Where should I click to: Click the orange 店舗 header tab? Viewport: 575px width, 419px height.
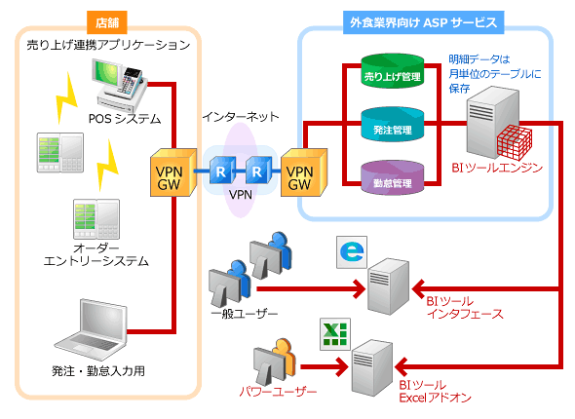pos(107,22)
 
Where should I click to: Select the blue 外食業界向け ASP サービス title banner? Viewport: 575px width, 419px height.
pos(423,22)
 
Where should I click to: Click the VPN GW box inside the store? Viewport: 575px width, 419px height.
pos(173,171)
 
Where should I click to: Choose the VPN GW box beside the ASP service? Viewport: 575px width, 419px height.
pos(304,171)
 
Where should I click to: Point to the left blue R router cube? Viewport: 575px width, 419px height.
pos(222,170)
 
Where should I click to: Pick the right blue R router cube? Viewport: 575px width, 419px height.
pos(258,170)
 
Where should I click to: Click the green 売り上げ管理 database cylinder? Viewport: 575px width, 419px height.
pos(393,71)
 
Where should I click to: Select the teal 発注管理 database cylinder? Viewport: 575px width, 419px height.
pos(393,125)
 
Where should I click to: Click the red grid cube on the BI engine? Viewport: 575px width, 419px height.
pos(515,142)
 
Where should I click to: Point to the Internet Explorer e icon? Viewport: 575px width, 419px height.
pos(352,251)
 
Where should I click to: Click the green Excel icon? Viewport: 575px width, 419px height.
pos(335,334)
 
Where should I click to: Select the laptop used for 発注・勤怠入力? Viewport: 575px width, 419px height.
pos(91,330)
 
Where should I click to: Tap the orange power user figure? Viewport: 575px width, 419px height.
pos(285,359)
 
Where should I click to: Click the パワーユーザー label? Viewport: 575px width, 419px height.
pos(278,392)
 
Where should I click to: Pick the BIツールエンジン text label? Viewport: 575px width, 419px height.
pos(497,168)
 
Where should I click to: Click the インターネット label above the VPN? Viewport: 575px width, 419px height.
pos(241,117)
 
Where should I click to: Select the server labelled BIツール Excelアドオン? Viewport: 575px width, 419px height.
pos(372,367)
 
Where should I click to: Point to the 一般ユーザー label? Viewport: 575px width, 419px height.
pos(245,314)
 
